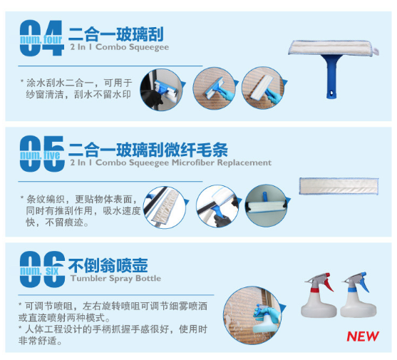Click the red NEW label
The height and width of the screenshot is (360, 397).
363,336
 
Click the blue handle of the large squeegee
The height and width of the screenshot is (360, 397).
331,77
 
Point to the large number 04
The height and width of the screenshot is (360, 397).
41,38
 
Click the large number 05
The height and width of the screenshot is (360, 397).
42,154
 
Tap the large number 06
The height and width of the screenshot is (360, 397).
42,269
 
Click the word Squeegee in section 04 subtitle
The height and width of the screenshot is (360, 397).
149,47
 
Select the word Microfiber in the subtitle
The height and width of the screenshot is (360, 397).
193,163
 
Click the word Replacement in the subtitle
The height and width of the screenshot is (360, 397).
244,163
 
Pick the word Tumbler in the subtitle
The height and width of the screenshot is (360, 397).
88,278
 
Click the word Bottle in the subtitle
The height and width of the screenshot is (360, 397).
148,278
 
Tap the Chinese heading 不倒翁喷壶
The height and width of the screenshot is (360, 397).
108,265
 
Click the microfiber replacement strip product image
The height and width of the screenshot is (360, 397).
339,186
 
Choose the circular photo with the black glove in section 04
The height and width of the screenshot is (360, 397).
161,90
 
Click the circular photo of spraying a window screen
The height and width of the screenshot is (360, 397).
252,315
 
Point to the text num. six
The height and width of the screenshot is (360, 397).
39,271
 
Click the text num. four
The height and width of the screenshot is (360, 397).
41,40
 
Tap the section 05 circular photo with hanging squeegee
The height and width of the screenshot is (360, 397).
266,205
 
